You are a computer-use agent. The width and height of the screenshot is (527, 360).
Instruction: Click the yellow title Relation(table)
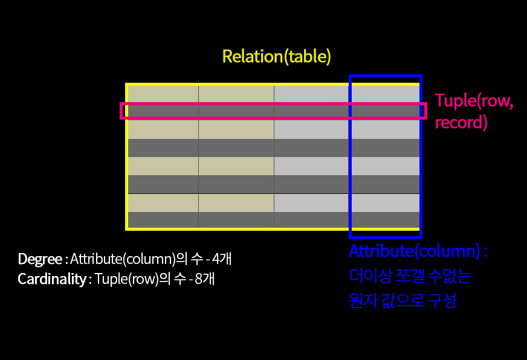click(277, 56)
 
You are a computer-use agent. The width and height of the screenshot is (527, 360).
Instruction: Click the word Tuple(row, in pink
click(474, 101)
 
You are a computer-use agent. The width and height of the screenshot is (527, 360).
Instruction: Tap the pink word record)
click(461, 122)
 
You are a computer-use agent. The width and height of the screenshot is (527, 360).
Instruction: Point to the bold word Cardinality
click(51, 279)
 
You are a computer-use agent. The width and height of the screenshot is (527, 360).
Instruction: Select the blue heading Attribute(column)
click(415, 252)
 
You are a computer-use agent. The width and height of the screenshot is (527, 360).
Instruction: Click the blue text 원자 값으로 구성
click(403, 300)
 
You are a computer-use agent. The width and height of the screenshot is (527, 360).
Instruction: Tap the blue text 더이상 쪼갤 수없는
click(410, 277)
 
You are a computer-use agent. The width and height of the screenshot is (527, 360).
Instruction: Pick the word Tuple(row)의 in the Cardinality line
click(129, 279)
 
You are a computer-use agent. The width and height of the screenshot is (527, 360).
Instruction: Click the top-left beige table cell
click(163, 94)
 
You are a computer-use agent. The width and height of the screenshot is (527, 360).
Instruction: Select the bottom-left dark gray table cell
click(163, 220)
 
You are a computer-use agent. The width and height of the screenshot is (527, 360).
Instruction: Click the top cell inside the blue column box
click(385, 93)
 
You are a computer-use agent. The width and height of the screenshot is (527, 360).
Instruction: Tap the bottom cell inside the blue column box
click(385, 220)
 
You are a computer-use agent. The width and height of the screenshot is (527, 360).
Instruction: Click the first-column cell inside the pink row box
click(163, 111)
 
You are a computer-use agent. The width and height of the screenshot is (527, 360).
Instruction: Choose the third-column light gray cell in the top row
click(312, 94)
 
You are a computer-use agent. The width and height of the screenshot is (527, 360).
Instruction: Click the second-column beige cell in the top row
click(236, 94)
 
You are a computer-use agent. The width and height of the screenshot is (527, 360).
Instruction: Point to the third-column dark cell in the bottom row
click(312, 220)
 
